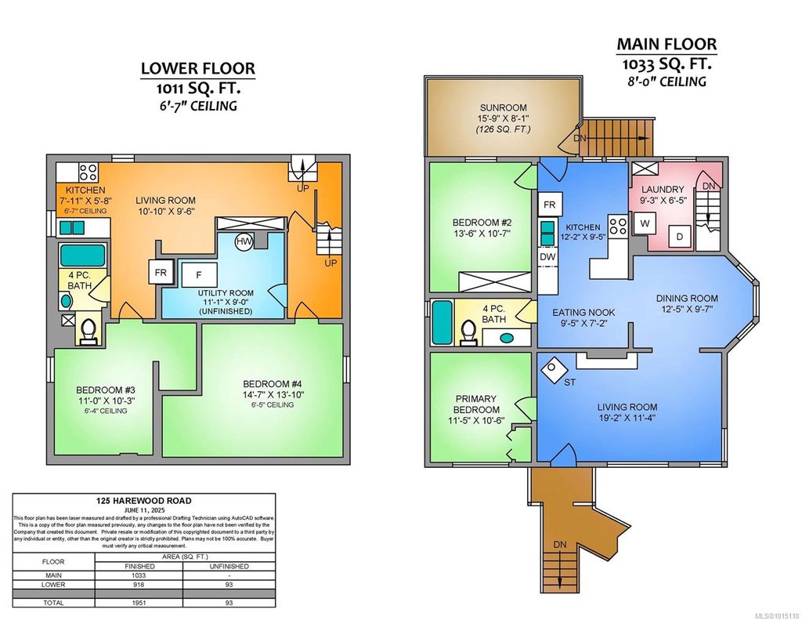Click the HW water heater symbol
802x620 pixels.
[244, 241]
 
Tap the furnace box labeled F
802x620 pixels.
[200, 275]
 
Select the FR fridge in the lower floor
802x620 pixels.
[160, 274]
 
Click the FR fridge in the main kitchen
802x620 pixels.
[549, 205]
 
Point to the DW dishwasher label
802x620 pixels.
[548, 257]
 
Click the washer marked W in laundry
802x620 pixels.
[645, 223]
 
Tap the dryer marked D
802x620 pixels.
[679, 236]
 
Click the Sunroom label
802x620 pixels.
[503, 107]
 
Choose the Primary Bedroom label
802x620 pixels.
[477, 404]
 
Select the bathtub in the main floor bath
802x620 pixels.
[441, 322]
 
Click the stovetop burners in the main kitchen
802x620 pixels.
[617, 227]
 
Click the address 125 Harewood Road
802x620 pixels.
[144, 500]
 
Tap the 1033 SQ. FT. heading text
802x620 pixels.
[666, 62]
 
